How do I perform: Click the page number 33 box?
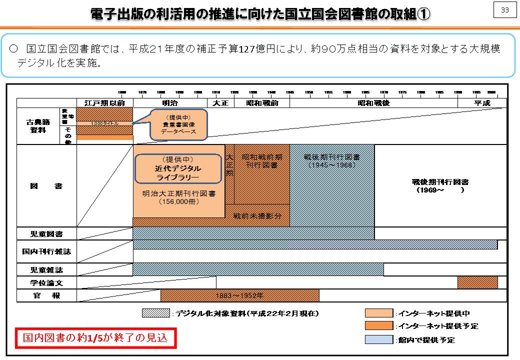tap(504, 10)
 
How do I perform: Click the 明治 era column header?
tap(170, 103)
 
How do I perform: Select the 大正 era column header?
tap(220, 103)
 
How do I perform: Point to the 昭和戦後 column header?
tap(373, 103)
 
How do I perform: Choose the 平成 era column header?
tap(482, 103)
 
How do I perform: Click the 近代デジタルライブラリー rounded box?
tap(177, 168)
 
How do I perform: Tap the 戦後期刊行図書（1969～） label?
tap(440, 186)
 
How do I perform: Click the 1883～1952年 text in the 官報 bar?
tap(239, 295)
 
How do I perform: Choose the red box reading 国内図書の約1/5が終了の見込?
tap(96, 338)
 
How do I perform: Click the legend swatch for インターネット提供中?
tap(379, 313)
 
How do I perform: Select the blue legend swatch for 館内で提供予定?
tap(379, 339)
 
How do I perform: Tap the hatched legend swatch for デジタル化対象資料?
tap(156, 313)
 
